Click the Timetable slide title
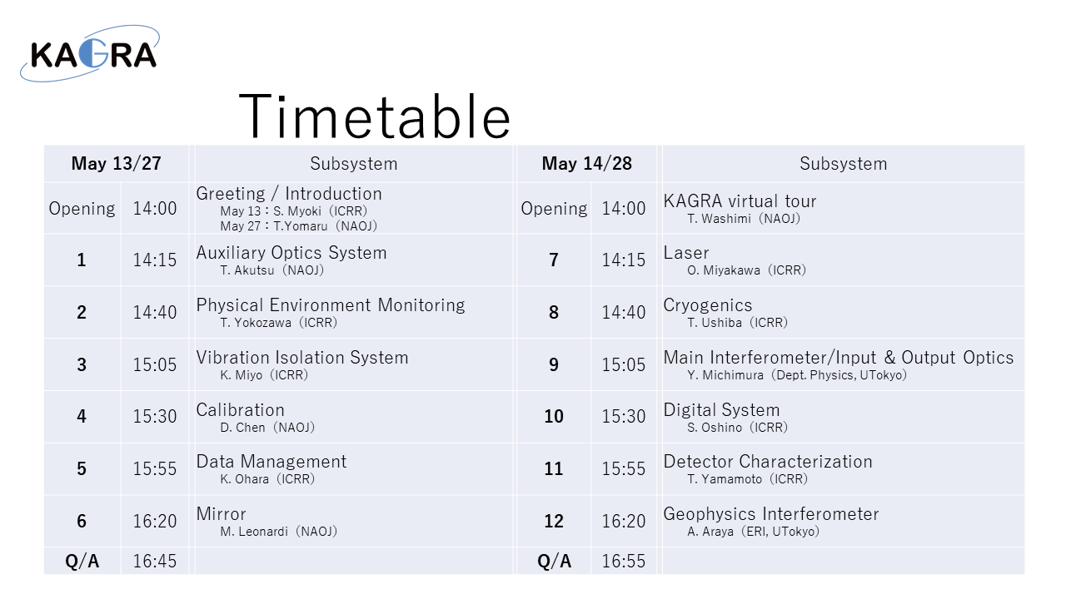pos(375,117)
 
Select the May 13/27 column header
pos(116,164)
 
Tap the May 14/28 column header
pos(587,164)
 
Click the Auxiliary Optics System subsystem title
pos(291,252)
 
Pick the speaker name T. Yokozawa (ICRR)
pos(278,323)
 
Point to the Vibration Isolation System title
pos(302,358)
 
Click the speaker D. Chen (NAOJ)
pos(267,428)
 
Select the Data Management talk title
pos(271,462)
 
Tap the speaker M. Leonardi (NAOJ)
pos(278,532)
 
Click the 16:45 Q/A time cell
pos(155,562)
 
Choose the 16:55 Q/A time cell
pos(624,562)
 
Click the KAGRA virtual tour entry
pos(740,201)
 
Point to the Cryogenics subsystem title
pos(708,305)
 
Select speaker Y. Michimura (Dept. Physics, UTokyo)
pos(797,375)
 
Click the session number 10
pos(554,417)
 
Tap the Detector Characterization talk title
pos(768,462)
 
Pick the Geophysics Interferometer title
pos(771,514)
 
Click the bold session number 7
pos(554,260)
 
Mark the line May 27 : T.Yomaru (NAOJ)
pos(298,225)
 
